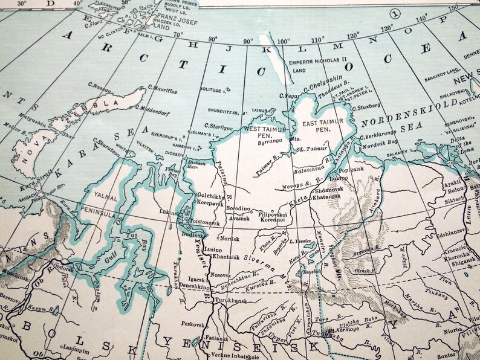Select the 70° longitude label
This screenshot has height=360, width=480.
coord(178,34)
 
